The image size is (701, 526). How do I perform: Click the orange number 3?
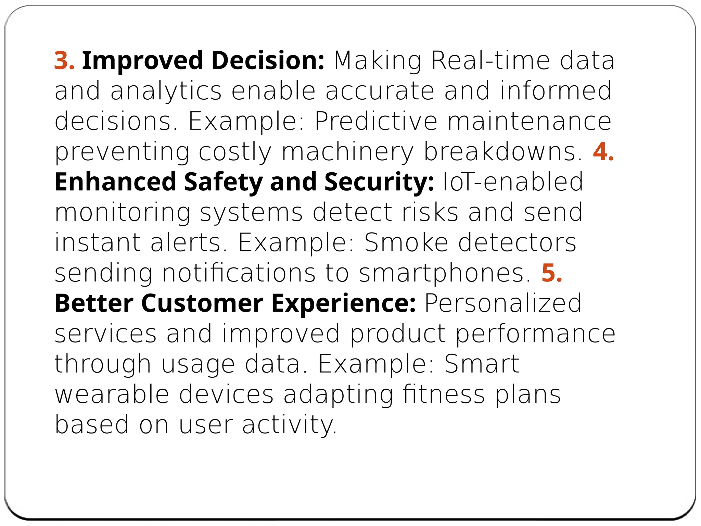[x=64, y=61]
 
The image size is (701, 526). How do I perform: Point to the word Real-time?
[x=490, y=61]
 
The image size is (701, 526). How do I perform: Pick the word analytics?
[x=166, y=91]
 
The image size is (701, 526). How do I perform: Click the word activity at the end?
[x=289, y=425]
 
